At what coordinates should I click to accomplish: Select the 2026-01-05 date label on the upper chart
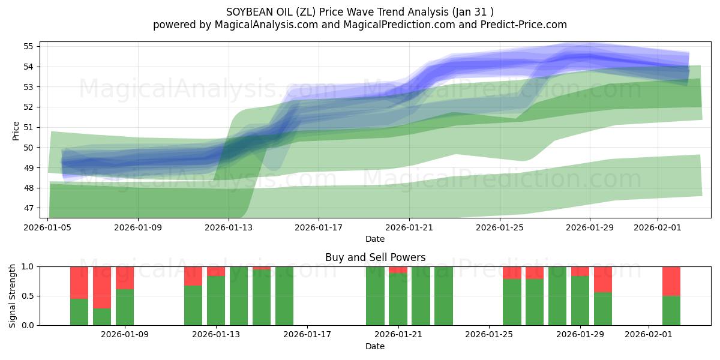point(48,227)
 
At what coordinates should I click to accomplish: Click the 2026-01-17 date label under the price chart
point(319,227)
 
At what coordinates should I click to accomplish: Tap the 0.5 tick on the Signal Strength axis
point(29,296)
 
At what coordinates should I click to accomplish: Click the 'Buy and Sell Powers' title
point(375,257)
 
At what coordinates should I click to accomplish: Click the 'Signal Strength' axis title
point(13,295)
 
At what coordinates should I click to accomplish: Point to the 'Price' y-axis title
point(16,130)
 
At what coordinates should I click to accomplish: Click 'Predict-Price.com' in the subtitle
point(526,25)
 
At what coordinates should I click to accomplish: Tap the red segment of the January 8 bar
point(102,287)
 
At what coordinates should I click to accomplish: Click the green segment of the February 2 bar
point(671,310)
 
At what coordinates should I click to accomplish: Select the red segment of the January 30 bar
point(603,279)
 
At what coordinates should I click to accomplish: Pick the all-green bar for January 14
point(239,296)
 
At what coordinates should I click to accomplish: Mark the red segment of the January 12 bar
point(193,275)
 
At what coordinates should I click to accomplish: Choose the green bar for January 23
point(443,296)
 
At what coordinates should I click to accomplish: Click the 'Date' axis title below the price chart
point(375,239)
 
